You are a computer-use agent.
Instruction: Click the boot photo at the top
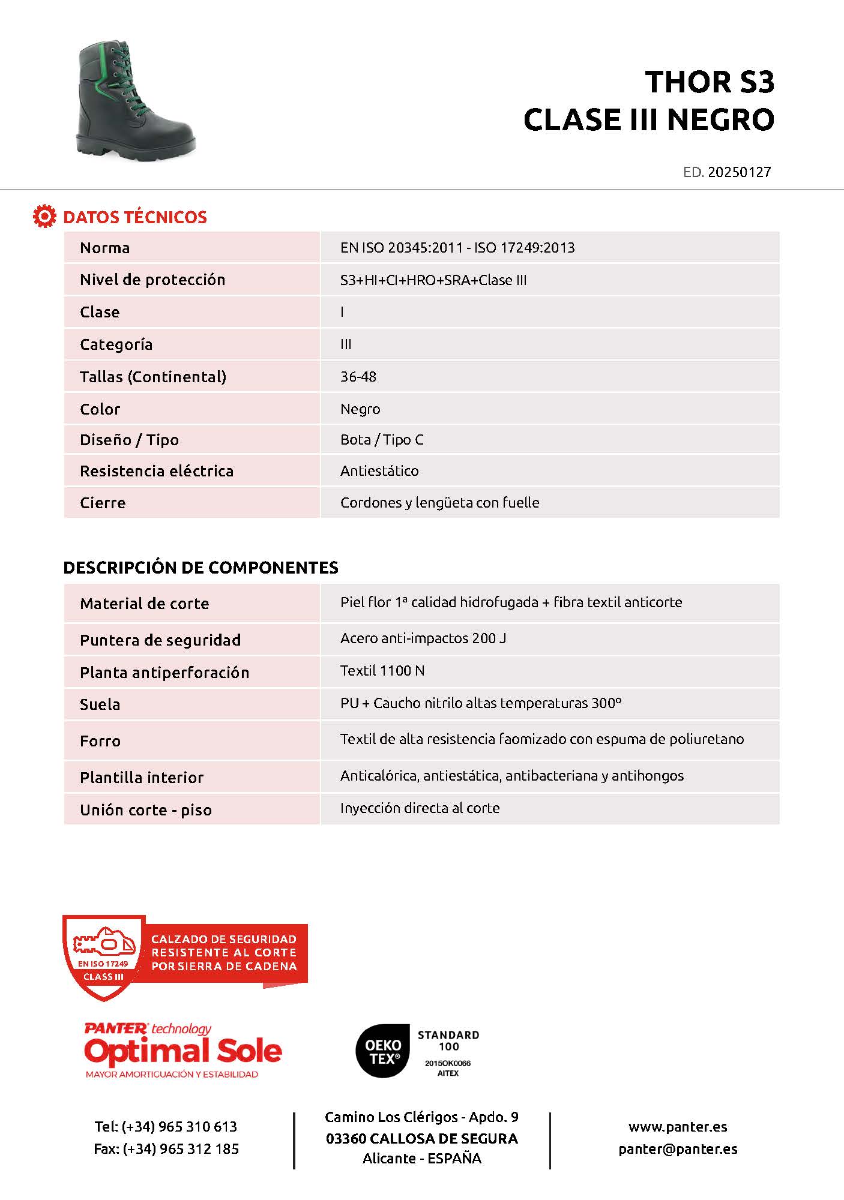136,100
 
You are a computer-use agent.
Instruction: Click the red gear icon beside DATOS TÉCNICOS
44,217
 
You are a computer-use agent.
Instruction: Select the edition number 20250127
739,172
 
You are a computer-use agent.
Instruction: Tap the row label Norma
104,248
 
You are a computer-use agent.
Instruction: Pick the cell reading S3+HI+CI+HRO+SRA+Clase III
433,280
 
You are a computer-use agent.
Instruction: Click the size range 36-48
358,377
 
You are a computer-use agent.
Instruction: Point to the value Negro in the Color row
360,409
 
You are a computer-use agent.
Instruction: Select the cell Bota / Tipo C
382,440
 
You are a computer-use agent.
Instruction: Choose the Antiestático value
379,471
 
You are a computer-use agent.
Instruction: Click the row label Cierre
103,503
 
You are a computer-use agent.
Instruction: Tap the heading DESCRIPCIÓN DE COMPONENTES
200,568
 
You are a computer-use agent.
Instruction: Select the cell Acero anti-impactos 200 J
423,638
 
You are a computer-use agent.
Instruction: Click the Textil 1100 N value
382,671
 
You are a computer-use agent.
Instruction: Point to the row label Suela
100,704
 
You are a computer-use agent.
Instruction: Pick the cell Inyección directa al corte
420,808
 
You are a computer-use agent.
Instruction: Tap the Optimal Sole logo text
183,1051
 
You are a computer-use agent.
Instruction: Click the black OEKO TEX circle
383,1051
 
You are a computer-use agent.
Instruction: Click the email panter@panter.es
678,1149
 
